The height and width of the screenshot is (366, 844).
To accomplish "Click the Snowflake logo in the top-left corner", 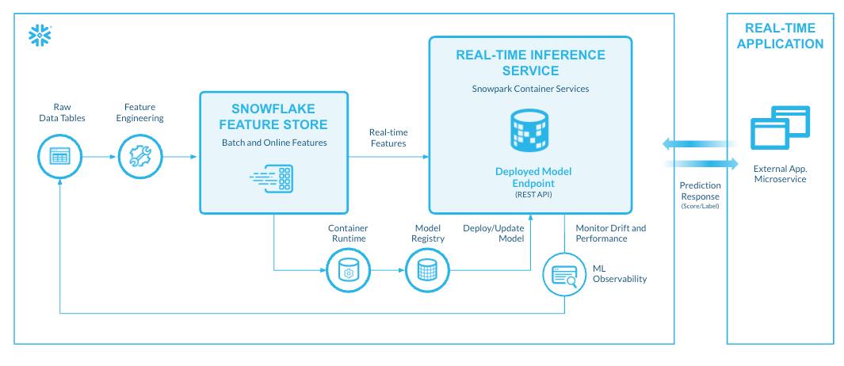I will point(39,34).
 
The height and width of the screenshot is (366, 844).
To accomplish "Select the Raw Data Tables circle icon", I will point(59,156).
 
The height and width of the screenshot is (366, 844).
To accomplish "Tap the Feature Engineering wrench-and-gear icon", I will point(139,156).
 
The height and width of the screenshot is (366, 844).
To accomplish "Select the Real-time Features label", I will point(388,137).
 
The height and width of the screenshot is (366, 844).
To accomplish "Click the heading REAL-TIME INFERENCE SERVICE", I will point(530,63).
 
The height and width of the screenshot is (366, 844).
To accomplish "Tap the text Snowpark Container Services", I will point(530,89).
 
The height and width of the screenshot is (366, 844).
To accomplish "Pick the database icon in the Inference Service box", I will point(530,131).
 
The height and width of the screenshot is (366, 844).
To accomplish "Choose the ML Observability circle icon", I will point(563,274).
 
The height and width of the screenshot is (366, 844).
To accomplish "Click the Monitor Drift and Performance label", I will point(610,233).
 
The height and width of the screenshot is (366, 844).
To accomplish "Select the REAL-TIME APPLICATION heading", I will point(780,36).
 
